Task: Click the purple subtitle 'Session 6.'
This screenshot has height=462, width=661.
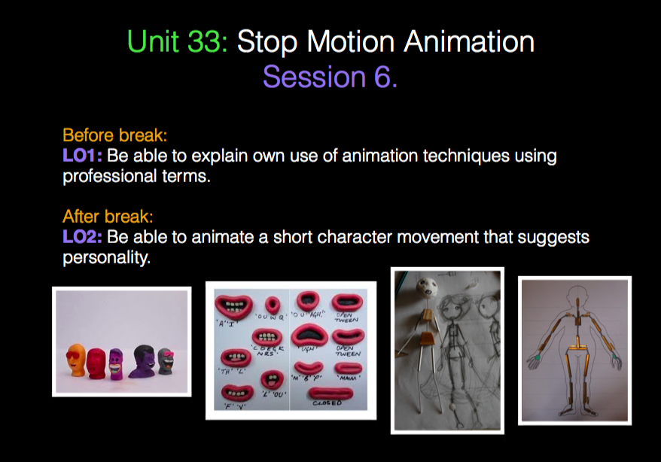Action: coord(330,77)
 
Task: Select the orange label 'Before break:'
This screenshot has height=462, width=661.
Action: coord(114,136)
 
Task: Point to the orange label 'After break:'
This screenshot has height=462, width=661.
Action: coord(108,217)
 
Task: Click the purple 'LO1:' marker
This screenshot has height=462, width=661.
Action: coord(82,157)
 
